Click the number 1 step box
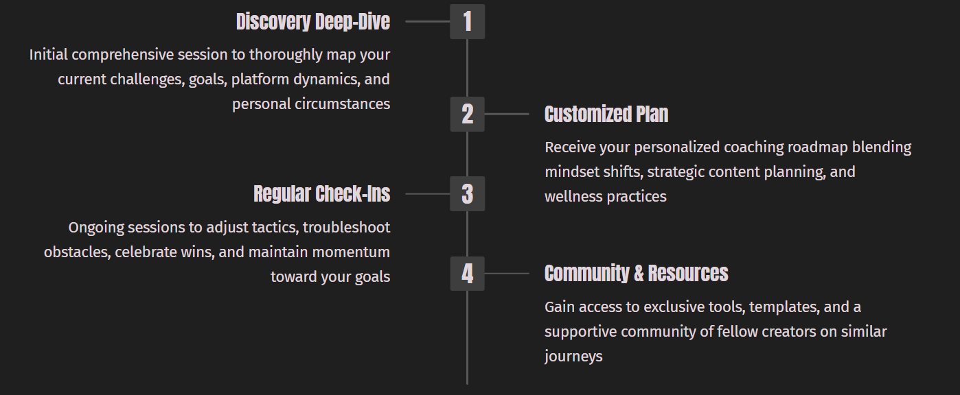click(x=467, y=21)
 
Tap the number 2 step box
click(x=467, y=114)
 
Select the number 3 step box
click(x=467, y=194)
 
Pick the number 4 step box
click(x=467, y=274)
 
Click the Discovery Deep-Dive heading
click(x=312, y=22)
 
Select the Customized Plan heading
click(x=606, y=114)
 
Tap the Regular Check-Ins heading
click(x=321, y=194)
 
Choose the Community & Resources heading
click(x=636, y=274)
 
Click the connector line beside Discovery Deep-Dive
click(x=427, y=21)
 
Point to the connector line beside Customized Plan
click(x=507, y=114)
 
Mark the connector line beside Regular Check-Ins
click(x=427, y=194)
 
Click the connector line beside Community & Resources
click(x=507, y=274)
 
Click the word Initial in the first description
click(x=47, y=54)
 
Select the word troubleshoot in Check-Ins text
click(x=346, y=227)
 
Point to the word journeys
click(x=573, y=357)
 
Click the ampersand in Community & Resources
click(x=639, y=274)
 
